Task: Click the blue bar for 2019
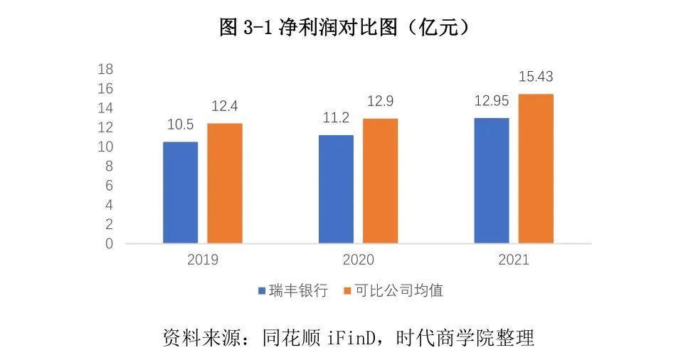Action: coord(180,192)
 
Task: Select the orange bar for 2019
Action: coord(225,183)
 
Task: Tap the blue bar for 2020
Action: coord(336,189)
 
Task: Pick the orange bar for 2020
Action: coord(380,181)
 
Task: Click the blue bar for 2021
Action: coord(492,180)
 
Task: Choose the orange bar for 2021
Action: coord(536,169)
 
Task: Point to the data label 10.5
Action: coord(181,125)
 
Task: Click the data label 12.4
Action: coord(225,107)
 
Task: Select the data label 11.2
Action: coord(336,118)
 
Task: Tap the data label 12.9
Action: coord(381,102)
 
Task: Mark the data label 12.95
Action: coord(492,101)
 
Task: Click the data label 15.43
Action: coord(536,77)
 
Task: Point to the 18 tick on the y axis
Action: coord(105,70)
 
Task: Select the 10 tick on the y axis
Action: coord(105,147)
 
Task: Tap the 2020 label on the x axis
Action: coord(358,260)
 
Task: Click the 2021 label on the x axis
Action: coord(514,260)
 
